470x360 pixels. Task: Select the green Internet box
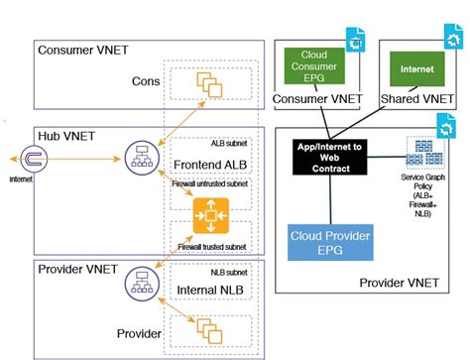click(x=409, y=70)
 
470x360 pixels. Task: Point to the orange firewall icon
click(x=209, y=211)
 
